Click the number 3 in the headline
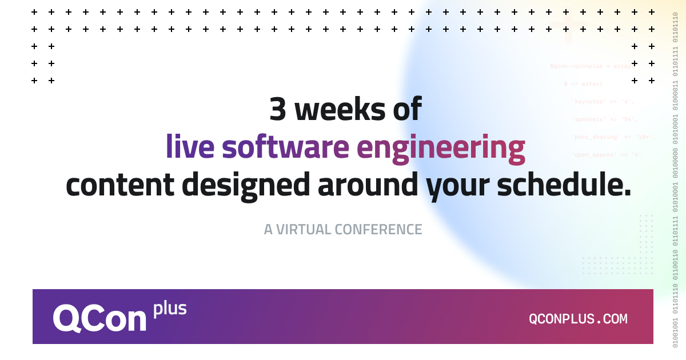(x=277, y=110)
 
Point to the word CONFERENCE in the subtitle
(x=378, y=230)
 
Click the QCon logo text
(x=100, y=318)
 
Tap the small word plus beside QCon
(x=170, y=309)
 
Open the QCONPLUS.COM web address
(x=578, y=319)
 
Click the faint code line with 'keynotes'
(x=603, y=102)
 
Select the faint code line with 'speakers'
(x=604, y=119)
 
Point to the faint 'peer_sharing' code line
(x=613, y=137)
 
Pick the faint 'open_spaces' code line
(x=606, y=155)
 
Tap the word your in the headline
(x=458, y=186)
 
